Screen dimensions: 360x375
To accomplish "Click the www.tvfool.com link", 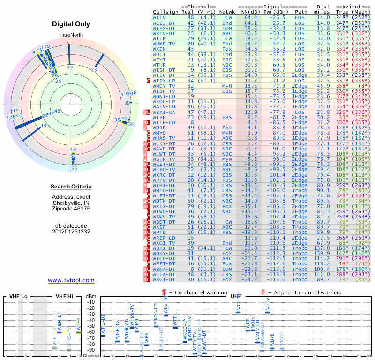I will [x=71, y=280].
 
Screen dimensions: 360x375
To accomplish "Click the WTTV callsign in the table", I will [x=162, y=18].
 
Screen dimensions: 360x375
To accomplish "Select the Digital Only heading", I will [x=71, y=24].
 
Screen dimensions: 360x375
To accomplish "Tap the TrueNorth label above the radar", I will [x=70, y=36].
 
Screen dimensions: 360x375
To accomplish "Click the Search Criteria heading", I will [x=71, y=187].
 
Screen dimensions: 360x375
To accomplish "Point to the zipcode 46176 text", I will [x=71, y=209].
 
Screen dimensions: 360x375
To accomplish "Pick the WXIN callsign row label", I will [x=159, y=49].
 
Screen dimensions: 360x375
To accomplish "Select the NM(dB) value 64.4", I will [x=251, y=18].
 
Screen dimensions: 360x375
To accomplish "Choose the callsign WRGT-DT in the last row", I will [x=164, y=279].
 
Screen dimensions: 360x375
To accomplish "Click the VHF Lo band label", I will [x=19, y=297].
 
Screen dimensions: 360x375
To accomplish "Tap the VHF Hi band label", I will [x=64, y=297].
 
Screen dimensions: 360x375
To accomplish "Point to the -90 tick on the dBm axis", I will [x=90, y=350].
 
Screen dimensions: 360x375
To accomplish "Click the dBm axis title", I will [x=90, y=296].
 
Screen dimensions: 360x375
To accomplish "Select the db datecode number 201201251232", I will [x=71, y=232].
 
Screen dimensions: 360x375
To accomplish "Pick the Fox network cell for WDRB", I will [x=226, y=127].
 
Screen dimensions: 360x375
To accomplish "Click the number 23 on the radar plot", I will [x=94, y=70].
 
